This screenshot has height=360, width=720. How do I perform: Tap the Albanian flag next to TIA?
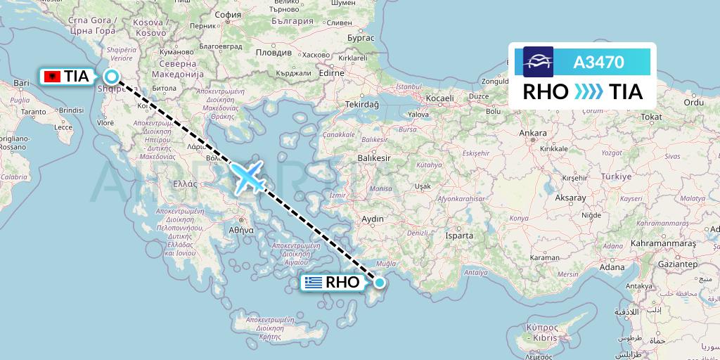[52, 77]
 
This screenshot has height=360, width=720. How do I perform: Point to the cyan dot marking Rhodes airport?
[380, 283]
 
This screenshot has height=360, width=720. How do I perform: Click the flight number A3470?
[598, 62]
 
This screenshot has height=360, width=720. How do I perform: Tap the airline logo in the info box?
[538, 62]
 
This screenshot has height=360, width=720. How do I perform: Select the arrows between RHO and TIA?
[589, 92]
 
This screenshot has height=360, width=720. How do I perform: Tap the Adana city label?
[612, 266]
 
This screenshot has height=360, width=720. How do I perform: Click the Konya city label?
[519, 218]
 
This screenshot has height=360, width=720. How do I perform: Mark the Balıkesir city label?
[374, 159]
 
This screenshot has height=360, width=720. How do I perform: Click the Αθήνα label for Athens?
[240, 229]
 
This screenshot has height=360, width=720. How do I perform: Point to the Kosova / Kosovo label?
[149, 27]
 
